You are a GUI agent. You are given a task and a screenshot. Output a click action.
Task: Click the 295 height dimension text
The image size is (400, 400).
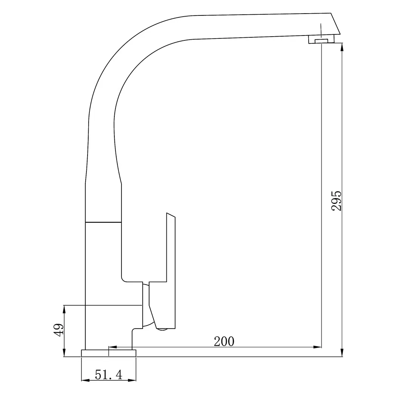[337, 200]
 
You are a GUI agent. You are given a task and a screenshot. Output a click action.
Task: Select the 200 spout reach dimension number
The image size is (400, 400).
[224, 341]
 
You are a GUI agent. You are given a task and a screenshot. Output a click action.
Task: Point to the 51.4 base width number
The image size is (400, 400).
[109, 375]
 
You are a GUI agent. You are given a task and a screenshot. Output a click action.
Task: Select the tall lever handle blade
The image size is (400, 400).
[171, 249]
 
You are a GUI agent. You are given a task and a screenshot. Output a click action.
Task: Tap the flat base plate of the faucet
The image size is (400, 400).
[109, 353]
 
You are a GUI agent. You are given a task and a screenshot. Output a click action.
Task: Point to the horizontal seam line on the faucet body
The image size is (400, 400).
[103, 222]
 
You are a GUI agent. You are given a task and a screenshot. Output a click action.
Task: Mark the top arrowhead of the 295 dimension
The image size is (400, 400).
[342, 47]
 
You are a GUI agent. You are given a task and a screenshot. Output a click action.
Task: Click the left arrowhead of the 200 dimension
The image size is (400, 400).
[112, 347]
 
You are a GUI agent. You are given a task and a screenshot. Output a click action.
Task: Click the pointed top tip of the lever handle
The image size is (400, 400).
[168, 214]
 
